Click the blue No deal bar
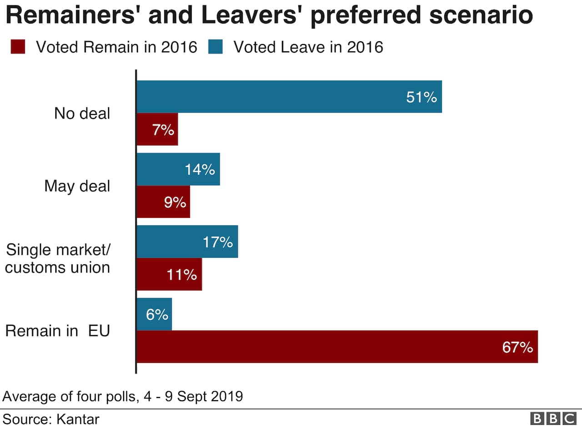tap(289, 97)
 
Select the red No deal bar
tap(157, 129)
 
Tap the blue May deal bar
tap(178, 169)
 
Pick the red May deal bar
tap(163, 202)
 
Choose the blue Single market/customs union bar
tap(187, 242)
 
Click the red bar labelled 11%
tap(169, 274)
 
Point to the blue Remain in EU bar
tap(155, 314)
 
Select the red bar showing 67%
tap(337, 347)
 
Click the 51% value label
tap(421, 97)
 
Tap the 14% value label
tap(200, 169)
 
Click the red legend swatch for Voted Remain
tap(18, 47)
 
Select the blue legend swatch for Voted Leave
tap(215, 47)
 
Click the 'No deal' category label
tap(82, 113)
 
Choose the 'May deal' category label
tap(77, 186)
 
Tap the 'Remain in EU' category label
tap(58, 331)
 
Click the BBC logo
tap(553, 418)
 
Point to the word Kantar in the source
tap(78, 418)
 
